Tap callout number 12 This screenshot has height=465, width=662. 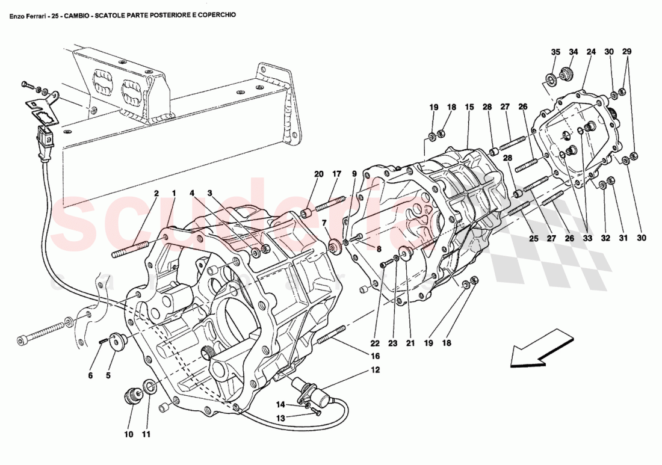[x=375, y=370]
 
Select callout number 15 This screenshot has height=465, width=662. [x=469, y=107]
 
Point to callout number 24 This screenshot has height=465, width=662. [x=591, y=52]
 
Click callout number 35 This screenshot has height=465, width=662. [x=555, y=52]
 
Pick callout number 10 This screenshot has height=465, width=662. [x=128, y=434]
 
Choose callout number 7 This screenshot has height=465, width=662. [x=324, y=223]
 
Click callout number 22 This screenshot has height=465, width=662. [x=375, y=344]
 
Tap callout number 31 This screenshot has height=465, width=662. [x=623, y=238]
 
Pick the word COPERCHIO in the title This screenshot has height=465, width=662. [x=215, y=16]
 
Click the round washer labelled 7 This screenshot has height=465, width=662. [x=333, y=247]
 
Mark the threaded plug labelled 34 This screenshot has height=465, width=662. [x=566, y=75]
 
